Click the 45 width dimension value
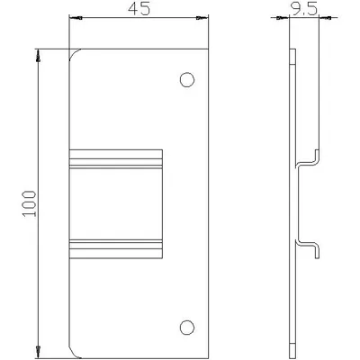139,9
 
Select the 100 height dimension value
29,203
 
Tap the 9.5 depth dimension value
302,10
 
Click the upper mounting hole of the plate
187,80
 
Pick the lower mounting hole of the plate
187,328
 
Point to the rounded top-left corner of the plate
73,52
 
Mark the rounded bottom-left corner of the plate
73,354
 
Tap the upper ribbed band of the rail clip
116,163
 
